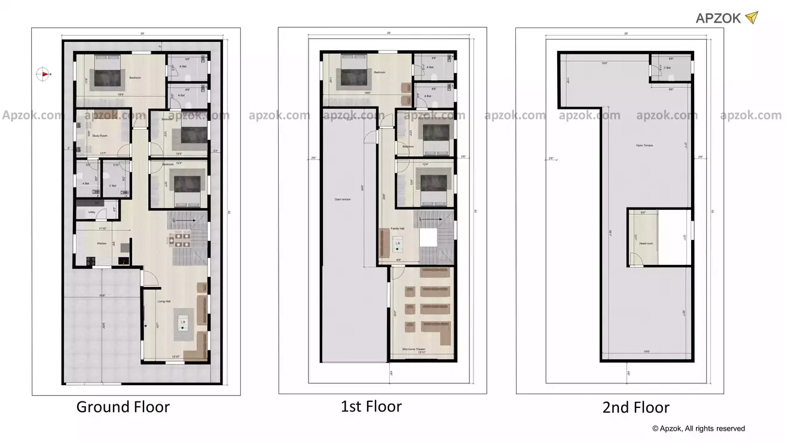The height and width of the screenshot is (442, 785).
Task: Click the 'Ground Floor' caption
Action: [x=123, y=407]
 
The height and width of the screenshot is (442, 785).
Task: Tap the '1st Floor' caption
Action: [x=371, y=407]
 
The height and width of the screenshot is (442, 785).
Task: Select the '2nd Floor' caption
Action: [x=636, y=408]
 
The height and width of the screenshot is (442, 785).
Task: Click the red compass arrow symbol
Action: [x=43, y=74]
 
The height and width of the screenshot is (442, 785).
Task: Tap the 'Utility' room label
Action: [x=91, y=212]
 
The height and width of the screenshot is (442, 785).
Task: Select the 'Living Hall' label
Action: [x=165, y=301]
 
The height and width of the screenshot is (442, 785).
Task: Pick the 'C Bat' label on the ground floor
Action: [x=112, y=185]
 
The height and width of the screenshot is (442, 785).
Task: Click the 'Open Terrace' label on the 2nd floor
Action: [x=644, y=145]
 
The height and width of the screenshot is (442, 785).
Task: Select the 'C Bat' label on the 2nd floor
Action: [x=667, y=68]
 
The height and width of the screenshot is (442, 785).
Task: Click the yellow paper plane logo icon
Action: [x=752, y=17]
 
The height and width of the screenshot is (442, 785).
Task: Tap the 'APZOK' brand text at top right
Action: [x=718, y=18]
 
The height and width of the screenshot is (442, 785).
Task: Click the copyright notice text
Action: [x=698, y=428]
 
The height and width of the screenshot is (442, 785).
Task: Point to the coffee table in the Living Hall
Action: [x=184, y=322]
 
